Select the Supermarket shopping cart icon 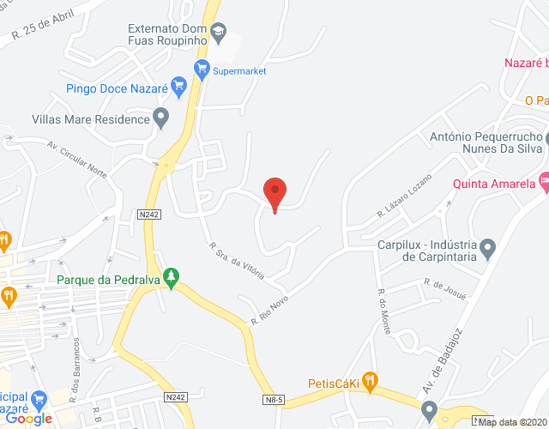202,68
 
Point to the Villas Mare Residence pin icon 160,118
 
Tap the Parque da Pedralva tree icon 172,276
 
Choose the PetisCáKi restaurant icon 369,379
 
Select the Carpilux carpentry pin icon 488,249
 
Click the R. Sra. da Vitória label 236,264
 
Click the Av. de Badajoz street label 443,361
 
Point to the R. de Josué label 444,288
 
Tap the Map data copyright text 512,422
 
